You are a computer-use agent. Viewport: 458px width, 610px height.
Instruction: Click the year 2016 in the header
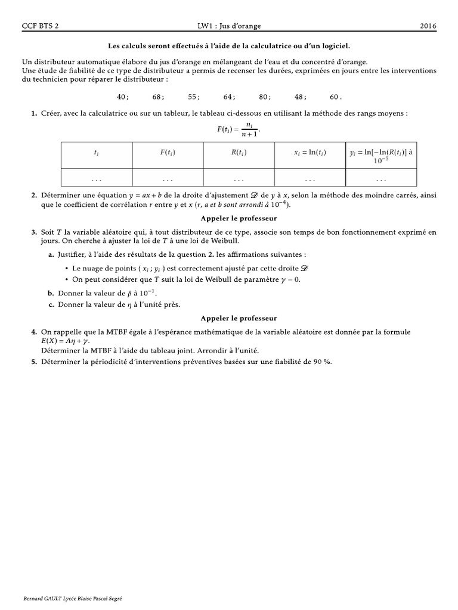point(428,26)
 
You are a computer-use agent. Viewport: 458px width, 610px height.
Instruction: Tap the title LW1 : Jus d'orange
point(230,26)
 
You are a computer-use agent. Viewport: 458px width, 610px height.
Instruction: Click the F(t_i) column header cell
point(168,153)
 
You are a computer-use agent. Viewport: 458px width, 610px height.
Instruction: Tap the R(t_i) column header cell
point(239,153)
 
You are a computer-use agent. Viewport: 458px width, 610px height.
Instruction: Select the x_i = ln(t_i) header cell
point(310,153)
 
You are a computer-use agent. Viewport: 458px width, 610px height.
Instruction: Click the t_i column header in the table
point(97,153)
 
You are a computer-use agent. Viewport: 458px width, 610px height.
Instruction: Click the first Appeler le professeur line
point(239,219)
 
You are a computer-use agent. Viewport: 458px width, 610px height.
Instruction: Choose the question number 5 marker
point(34,361)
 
